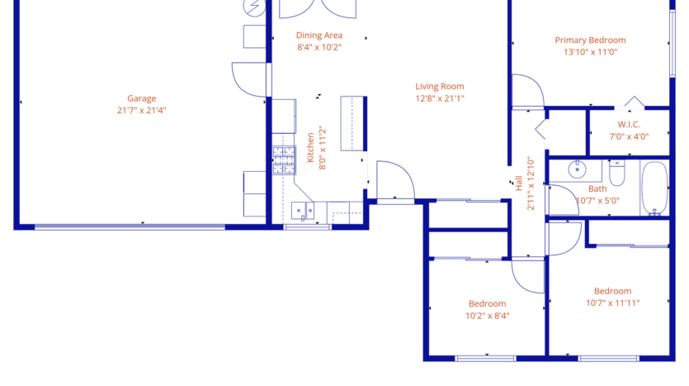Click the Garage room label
tap(141, 98)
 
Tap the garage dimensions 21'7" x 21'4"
tap(141, 110)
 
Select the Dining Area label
tap(319, 36)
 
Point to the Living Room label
tap(439, 86)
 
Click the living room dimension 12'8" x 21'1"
tap(439, 98)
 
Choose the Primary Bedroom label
tap(590, 40)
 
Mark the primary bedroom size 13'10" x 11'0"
tap(590, 51)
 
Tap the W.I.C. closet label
tap(629, 125)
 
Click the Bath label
tap(597, 188)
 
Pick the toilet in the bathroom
tap(617, 173)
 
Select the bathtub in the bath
tap(655, 188)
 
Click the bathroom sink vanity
tap(577, 170)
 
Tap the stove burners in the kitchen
tap(284, 160)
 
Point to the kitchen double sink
tap(302, 211)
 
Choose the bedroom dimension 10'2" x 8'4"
tap(487, 315)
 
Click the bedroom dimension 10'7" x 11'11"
tap(612, 303)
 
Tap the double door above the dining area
tap(319, 8)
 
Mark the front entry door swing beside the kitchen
tap(394, 180)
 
